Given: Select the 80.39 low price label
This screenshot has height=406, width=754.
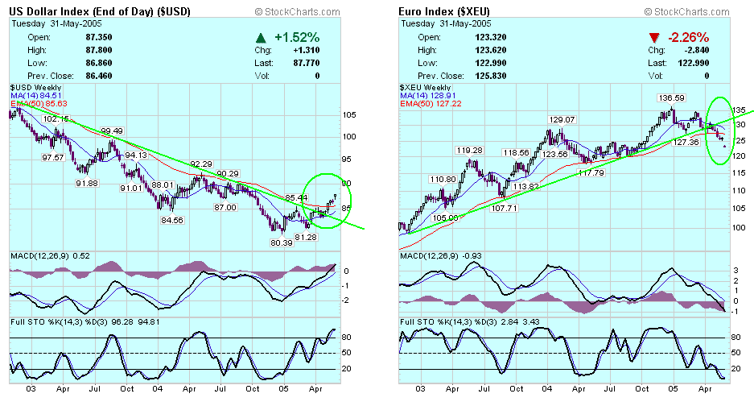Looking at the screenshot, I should [280, 242].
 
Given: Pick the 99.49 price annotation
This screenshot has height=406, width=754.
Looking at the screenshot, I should [111, 130].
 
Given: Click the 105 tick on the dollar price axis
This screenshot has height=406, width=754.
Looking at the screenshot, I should [348, 114].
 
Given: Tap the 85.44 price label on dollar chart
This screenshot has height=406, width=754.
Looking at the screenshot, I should [296, 197].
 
